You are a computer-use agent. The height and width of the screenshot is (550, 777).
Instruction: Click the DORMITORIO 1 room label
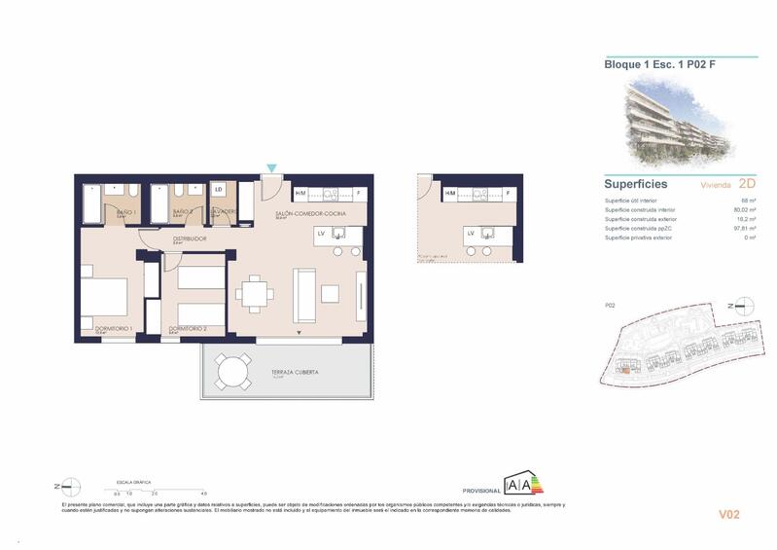pyautogui.click(x=114, y=329)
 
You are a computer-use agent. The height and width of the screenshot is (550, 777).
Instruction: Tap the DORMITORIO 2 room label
pyautogui.click(x=187, y=329)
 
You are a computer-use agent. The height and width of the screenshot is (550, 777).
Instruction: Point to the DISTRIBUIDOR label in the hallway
pyautogui.click(x=190, y=238)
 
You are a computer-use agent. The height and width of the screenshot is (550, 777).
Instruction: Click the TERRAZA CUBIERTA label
pyautogui.click(x=295, y=373)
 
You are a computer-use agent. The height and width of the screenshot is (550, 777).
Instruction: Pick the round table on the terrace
pyautogui.click(x=232, y=371)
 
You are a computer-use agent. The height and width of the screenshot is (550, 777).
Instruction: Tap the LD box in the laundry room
pyautogui.click(x=219, y=189)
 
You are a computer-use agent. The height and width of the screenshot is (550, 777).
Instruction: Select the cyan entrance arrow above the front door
pyautogui.click(x=271, y=169)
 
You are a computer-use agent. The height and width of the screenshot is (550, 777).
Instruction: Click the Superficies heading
pyautogui.click(x=636, y=183)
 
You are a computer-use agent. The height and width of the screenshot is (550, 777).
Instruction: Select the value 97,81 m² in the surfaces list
pyautogui.click(x=744, y=228)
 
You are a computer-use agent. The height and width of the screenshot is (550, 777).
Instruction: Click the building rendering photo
pyautogui.click(x=677, y=118)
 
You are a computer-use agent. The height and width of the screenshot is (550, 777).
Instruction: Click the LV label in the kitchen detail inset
pyautogui.click(x=471, y=233)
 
